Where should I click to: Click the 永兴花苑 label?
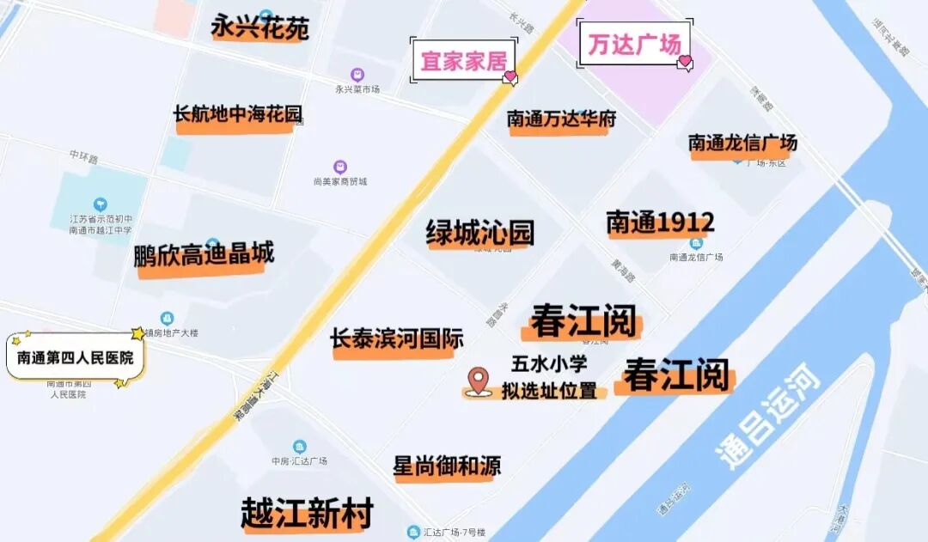pyautogui.click(x=259, y=28)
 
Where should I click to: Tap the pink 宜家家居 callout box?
pyautogui.click(x=462, y=61)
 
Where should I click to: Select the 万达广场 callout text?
pyautogui.click(x=634, y=44)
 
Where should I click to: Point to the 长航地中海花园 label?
pyautogui.click(x=238, y=114)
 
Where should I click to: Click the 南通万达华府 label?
pyautogui.click(x=561, y=119)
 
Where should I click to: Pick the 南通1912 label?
pyautogui.click(x=660, y=222)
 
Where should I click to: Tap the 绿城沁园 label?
pyautogui.click(x=480, y=232)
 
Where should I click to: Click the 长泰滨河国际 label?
pyautogui.click(x=397, y=339)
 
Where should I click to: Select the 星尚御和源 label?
pyautogui.click(x=447, y=466)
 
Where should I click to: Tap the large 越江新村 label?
pyautogui.click(x=308, y=514)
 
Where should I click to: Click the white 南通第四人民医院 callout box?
pyautogui.click(x=76, y=356)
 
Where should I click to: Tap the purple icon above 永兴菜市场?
pyautogui.click(x=357, y=75)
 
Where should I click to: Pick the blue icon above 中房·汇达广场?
pyautogui.click(x=299, y=447)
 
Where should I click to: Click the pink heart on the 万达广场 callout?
pyautogui.click(x=685, y=62)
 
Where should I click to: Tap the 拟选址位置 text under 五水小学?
pyautogui.click(x=549, y=391)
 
